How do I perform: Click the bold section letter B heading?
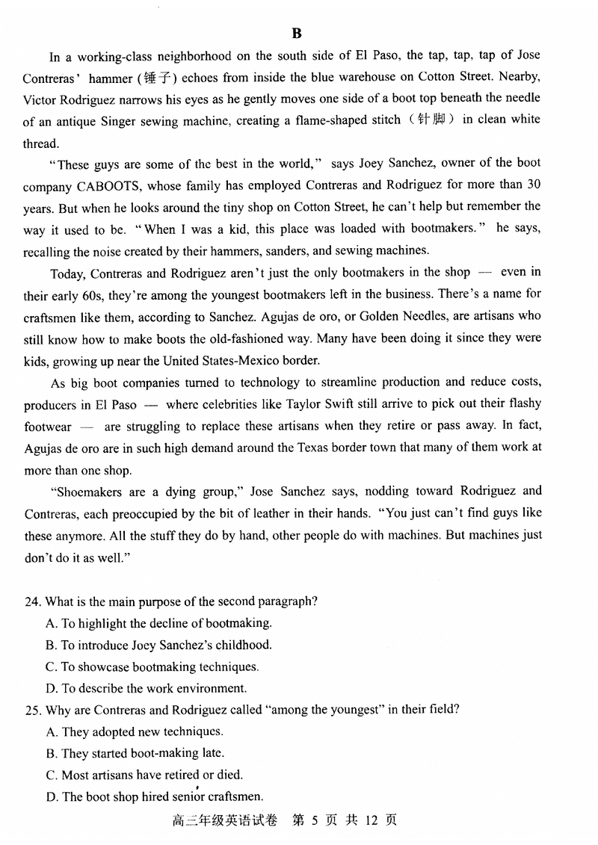pos(297,33)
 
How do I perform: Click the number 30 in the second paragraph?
pos(534,184)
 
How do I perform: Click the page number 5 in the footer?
pos(315,820)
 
